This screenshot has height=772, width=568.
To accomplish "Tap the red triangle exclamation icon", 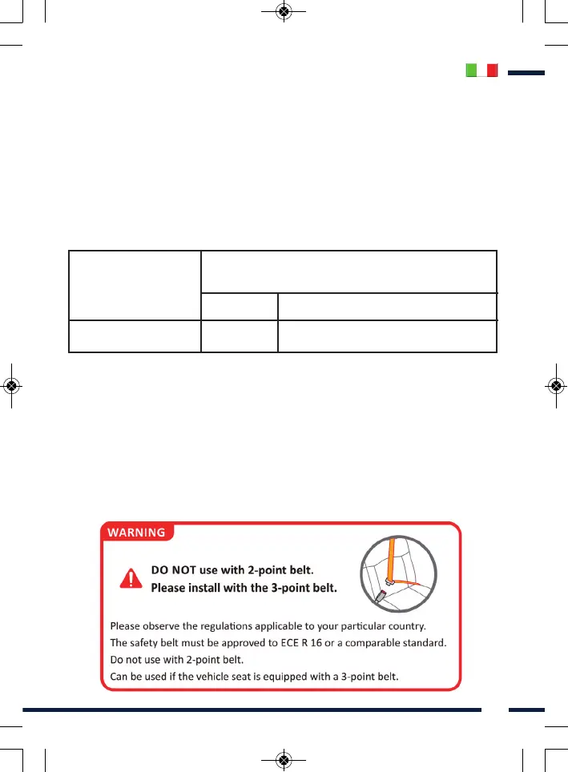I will [127, 579].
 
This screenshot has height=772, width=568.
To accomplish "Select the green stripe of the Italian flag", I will [472, 70].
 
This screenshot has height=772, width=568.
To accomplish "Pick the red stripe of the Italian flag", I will [493, 70].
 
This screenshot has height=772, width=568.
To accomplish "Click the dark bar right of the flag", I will [526, 73].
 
